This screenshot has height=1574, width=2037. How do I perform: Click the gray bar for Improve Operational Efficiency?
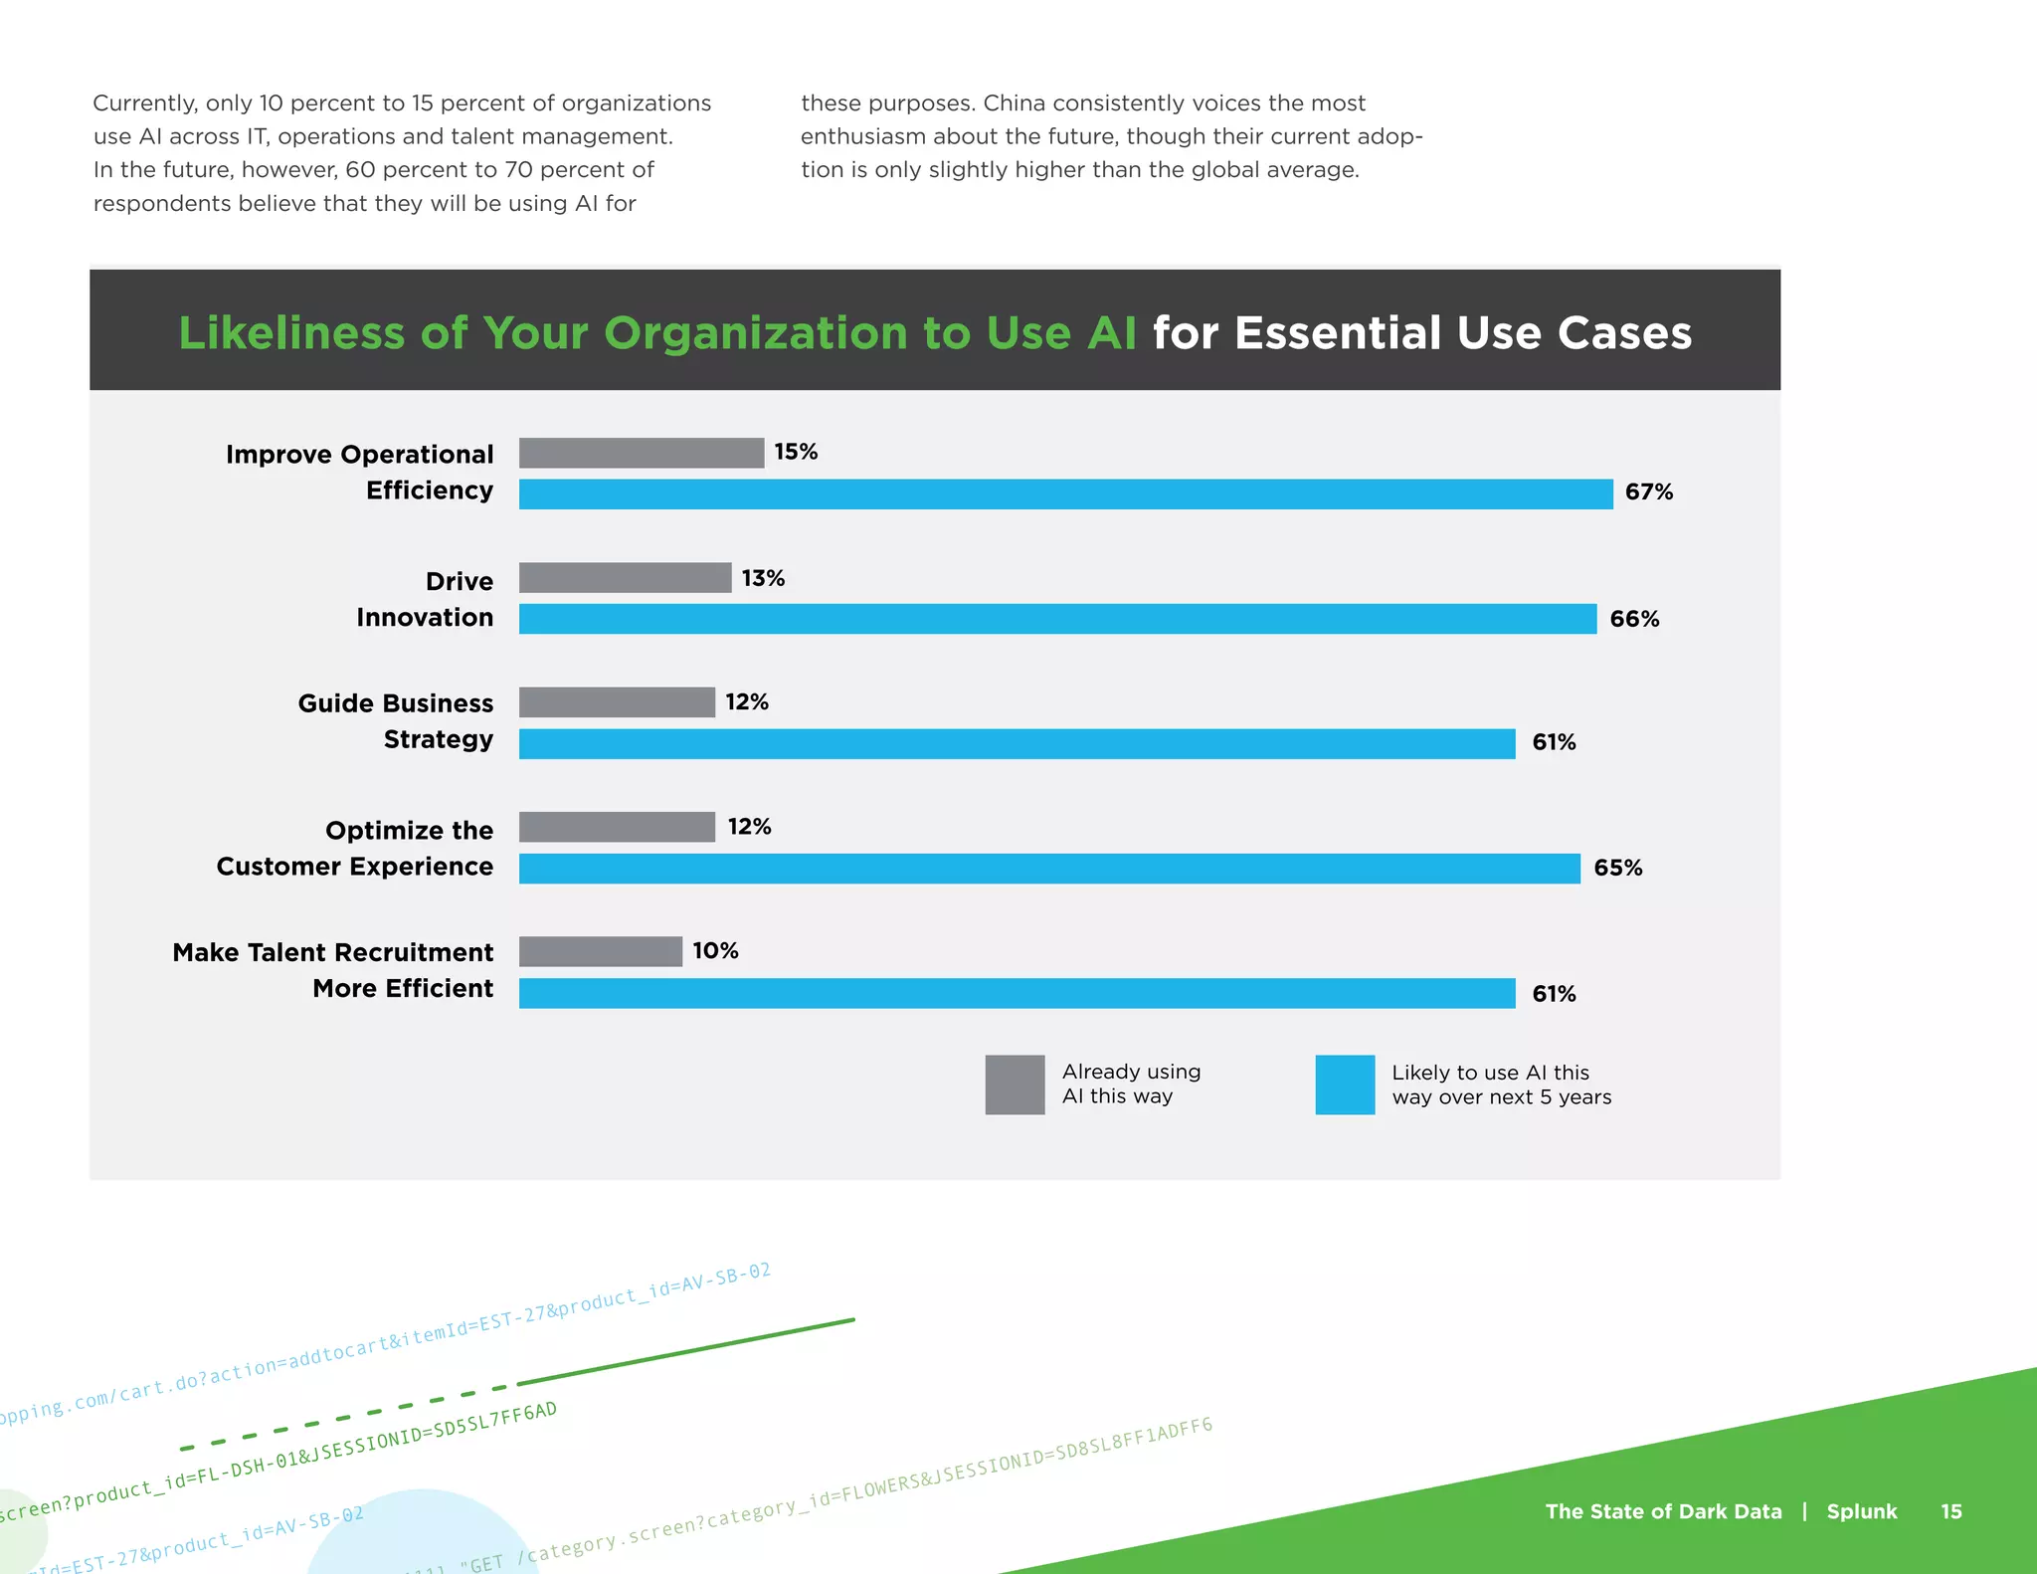click(642, 453)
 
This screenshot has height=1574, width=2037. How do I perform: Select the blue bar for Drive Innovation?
click(1057, 619)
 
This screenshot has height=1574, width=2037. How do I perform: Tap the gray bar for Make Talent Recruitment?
click(601, 951)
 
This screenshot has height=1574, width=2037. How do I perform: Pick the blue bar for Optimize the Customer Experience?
click(1049, 869)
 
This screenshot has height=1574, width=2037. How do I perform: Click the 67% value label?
click(1649, 492)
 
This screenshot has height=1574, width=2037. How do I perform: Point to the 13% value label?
click(763, 578)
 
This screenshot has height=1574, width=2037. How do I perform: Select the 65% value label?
click(1618, 868)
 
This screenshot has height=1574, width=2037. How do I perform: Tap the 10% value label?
click(715, 951)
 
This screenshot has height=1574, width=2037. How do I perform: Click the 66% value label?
click(1634, 619)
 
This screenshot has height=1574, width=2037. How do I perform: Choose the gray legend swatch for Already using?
click(1015, 1084)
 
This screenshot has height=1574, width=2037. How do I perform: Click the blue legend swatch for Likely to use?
click(1345, 1084)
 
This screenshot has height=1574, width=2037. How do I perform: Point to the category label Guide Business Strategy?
click(396, 721)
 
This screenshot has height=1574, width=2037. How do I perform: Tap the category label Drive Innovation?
click(426, 599)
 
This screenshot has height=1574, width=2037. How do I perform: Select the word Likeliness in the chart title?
click(291, 333)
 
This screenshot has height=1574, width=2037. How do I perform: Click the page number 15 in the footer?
click(1951, 1511)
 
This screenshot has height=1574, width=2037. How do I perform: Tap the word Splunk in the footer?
click(1862, 1511)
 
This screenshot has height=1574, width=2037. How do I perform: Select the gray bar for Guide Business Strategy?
click(617, 702)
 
